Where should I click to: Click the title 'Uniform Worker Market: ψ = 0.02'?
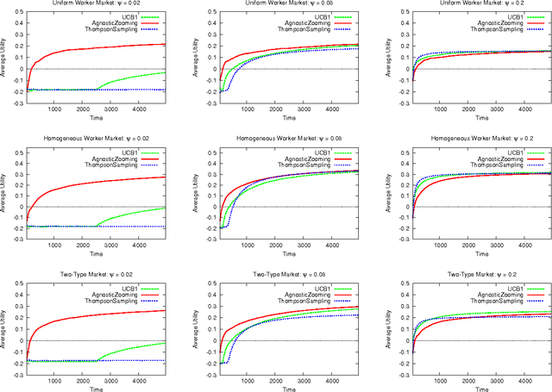click(x=97, y=4)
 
